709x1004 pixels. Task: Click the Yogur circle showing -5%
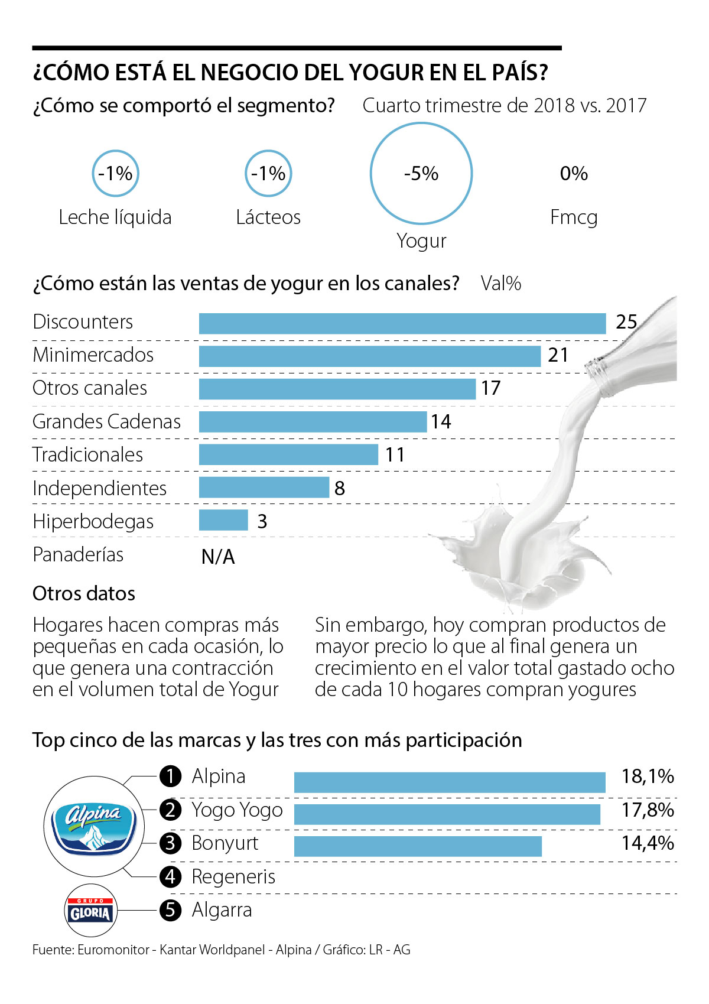click(421, 173)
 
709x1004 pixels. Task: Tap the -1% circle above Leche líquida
click(115, 173)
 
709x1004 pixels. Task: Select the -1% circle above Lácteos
click(268, 173)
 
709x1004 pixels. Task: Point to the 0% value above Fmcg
click(574, 173)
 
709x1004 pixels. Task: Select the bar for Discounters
click(402, 323)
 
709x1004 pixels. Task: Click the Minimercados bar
click(370, 356)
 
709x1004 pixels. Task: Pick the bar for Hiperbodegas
click(223, 520)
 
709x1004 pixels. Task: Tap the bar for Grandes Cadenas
click(313, 421)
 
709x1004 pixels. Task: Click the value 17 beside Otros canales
click(490, 388)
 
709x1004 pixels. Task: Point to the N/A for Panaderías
click(218, 557)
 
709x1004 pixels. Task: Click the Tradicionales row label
click(87, 454)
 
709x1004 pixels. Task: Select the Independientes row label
click(99, 488)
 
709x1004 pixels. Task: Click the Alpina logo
click(93, 824)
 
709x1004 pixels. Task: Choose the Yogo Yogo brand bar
click(447, 814)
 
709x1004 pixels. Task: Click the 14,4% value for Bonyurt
click(647, 843)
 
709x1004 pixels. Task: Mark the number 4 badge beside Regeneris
click(170, 876)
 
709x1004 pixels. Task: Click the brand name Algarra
click(222, 910)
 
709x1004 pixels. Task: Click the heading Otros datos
click(84, 593)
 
